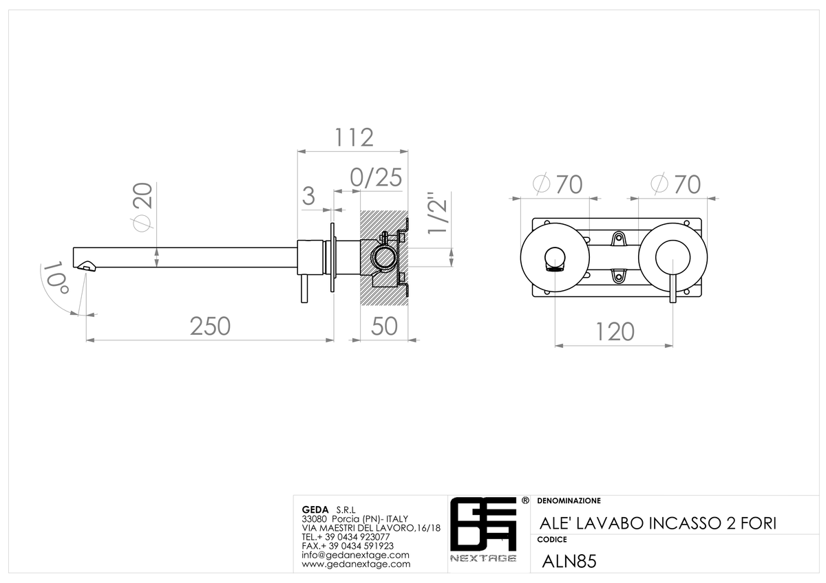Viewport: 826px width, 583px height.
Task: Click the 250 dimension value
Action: (210, 327)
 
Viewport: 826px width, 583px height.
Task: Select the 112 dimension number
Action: (354, 137)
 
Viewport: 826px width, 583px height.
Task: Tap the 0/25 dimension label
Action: (376, 177)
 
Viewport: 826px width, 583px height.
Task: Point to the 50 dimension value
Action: (384, 327)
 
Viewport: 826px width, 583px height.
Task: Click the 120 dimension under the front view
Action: (615, 332)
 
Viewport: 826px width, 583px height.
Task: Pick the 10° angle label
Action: (56, 278)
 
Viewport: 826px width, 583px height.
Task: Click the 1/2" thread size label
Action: (438, 212)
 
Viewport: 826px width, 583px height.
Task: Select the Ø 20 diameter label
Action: (142, 207)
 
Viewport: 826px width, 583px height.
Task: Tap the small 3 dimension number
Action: (308, 196)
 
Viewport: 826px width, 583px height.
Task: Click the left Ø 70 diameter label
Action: (558, 184)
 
